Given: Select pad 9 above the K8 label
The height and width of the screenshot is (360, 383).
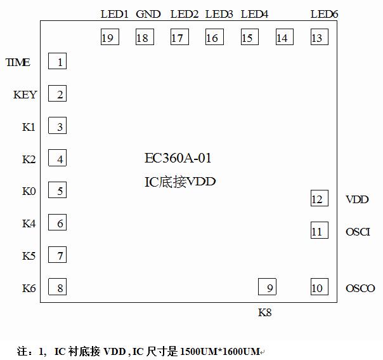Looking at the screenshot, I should click(x=268, y=287).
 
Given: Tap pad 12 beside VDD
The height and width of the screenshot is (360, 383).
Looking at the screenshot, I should click(x=319, y=199).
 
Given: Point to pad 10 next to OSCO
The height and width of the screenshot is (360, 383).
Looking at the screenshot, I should click(x=319, y=287).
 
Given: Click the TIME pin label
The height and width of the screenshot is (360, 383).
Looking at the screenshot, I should click(x=18, y=62).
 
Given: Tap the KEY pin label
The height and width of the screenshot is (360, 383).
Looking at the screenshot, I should click(x=25, y=95).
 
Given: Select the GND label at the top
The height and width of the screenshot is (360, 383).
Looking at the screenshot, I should click(x=148, y=14).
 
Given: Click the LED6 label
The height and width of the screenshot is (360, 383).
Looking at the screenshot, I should click(x=324, y=14).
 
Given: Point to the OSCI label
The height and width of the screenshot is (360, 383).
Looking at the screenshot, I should click(x=358, y=232).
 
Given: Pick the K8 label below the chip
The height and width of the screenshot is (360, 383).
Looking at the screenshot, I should click(x=265, y=312).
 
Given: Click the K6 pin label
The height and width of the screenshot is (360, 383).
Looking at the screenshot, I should click(x=29, y=288).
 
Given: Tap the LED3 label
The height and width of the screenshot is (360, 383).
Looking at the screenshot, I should click(x=219, y=14).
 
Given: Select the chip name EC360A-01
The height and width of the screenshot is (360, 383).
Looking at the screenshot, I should click(x=178, y=158).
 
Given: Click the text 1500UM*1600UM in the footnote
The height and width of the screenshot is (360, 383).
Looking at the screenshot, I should click(x=220, y=350).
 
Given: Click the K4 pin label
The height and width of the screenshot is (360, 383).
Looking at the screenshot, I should click(x=29, y=223).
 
